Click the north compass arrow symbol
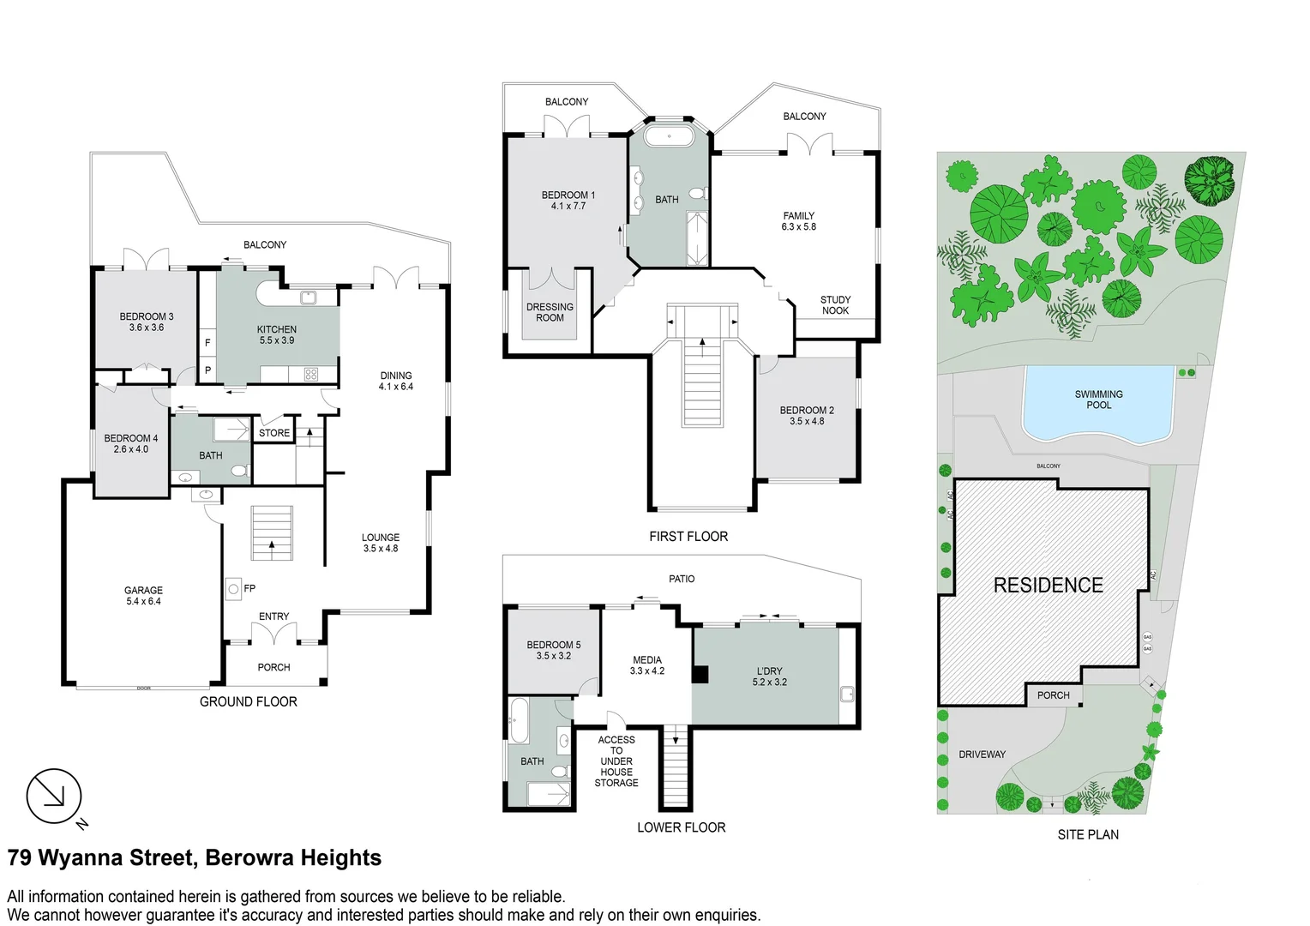(x=54, y=797)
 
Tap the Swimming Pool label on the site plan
(x=1098, y=400)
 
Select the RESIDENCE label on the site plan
(x=1048, y=586)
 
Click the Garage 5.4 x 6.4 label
(x=143, y=596)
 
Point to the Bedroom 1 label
(x=568, y=200)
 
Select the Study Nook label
(x=835, y=305)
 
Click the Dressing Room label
(x=550, y=312)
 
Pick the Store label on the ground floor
(x=274, y=433)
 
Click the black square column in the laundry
(x=700, y=675)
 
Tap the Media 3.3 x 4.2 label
(x=646, y=665)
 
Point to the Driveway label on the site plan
(x=982, y=755)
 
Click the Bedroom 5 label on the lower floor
(x=553, y=650)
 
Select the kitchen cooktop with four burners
(x=310, y=374)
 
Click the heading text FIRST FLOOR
(x=688, y=537)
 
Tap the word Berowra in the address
(x=249, y=858)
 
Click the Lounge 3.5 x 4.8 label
(x=380, y=543)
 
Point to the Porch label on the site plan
(x=1053, y=695)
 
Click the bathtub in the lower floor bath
(x=519, y=721)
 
